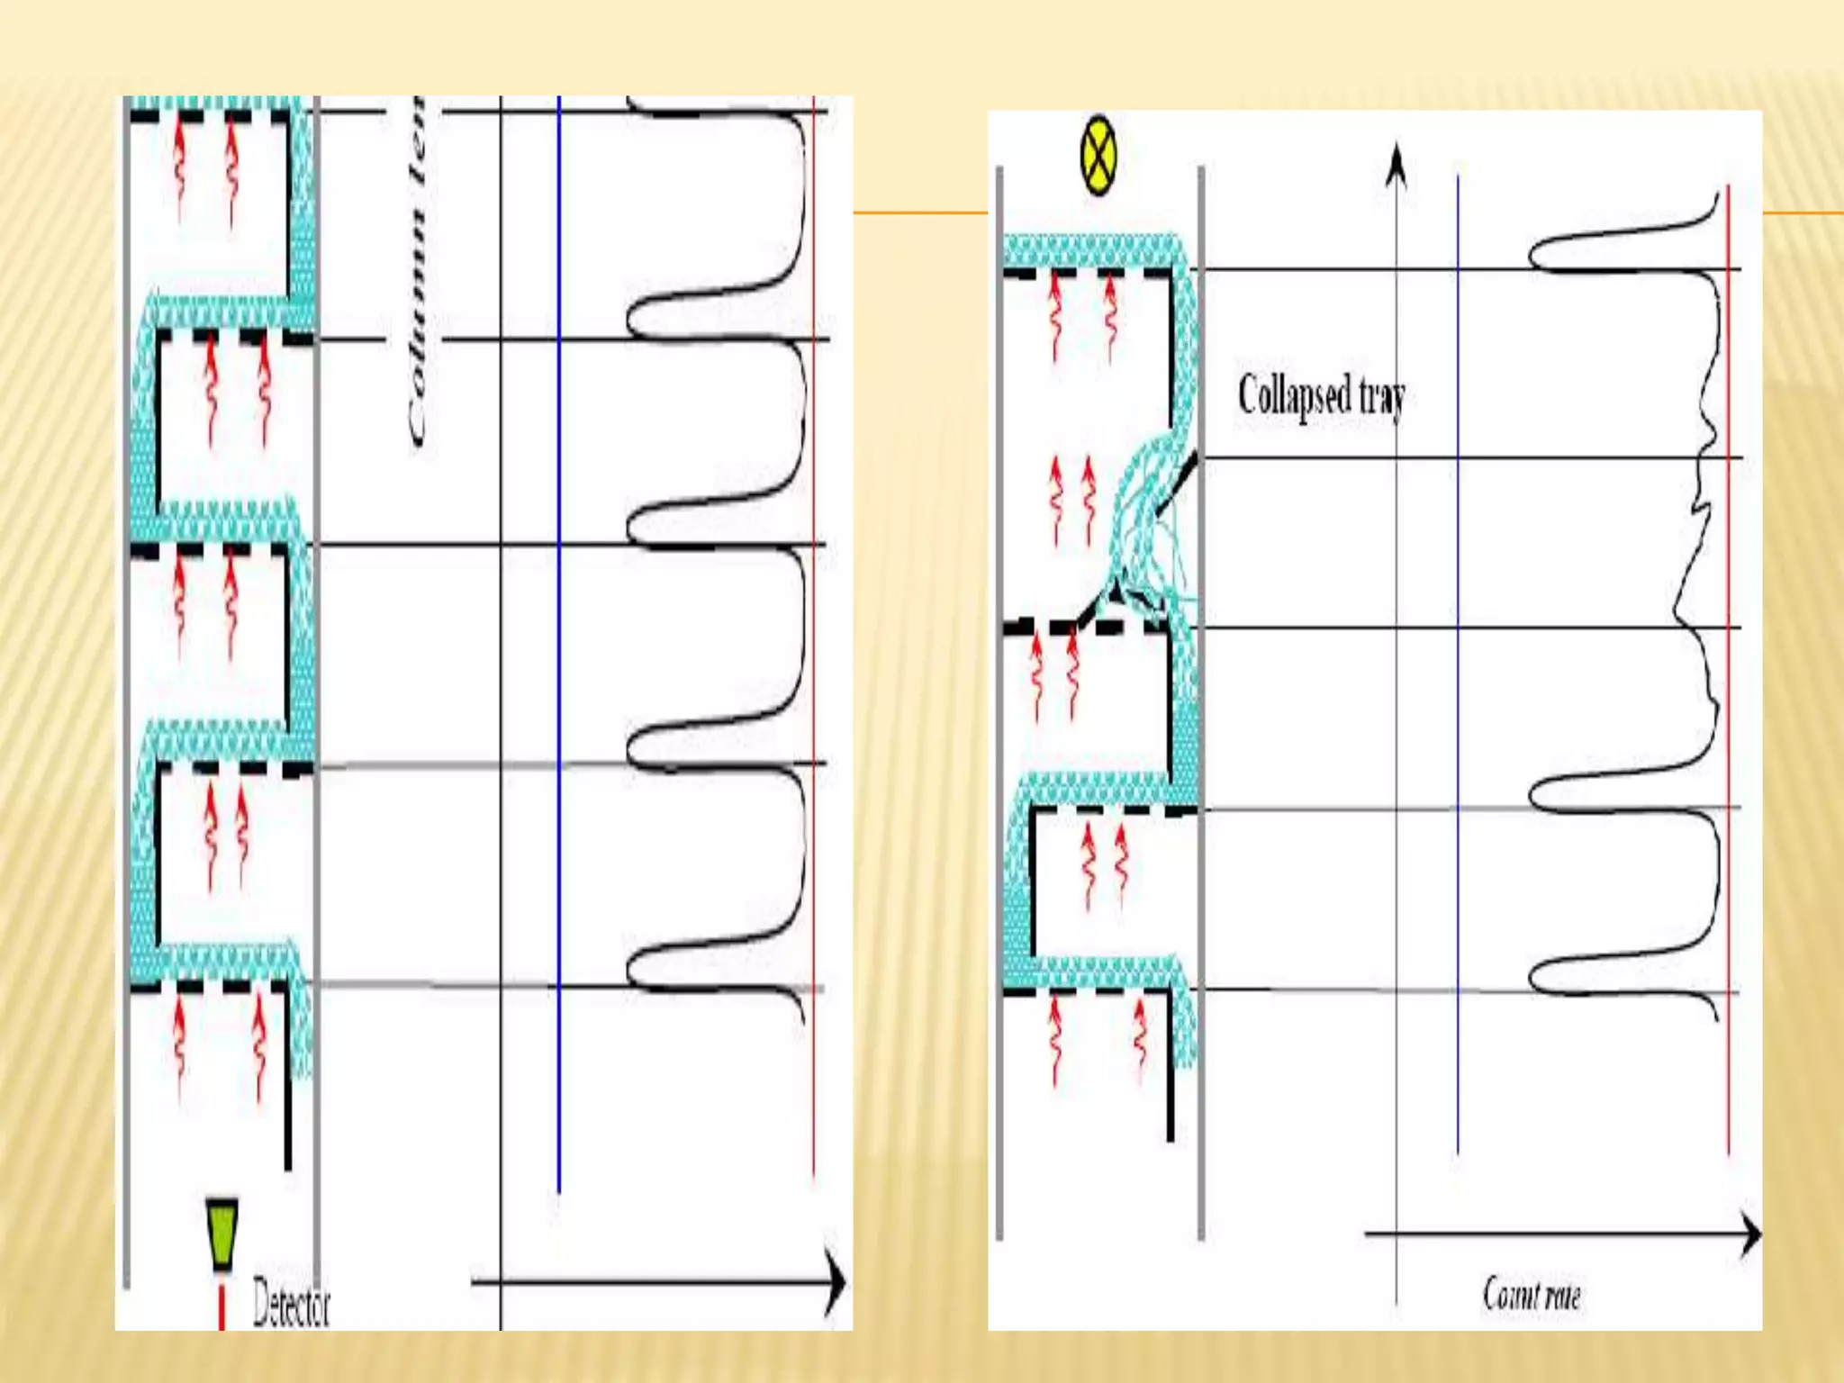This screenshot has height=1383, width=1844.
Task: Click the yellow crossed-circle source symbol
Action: [1098, 155]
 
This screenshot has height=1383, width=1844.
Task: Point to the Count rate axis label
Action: [1532, 1295]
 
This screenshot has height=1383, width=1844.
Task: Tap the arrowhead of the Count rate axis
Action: [1749, 1234]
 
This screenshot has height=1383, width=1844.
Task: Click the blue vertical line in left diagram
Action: [559, 630]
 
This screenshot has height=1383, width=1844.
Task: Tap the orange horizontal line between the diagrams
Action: [918, 213]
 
